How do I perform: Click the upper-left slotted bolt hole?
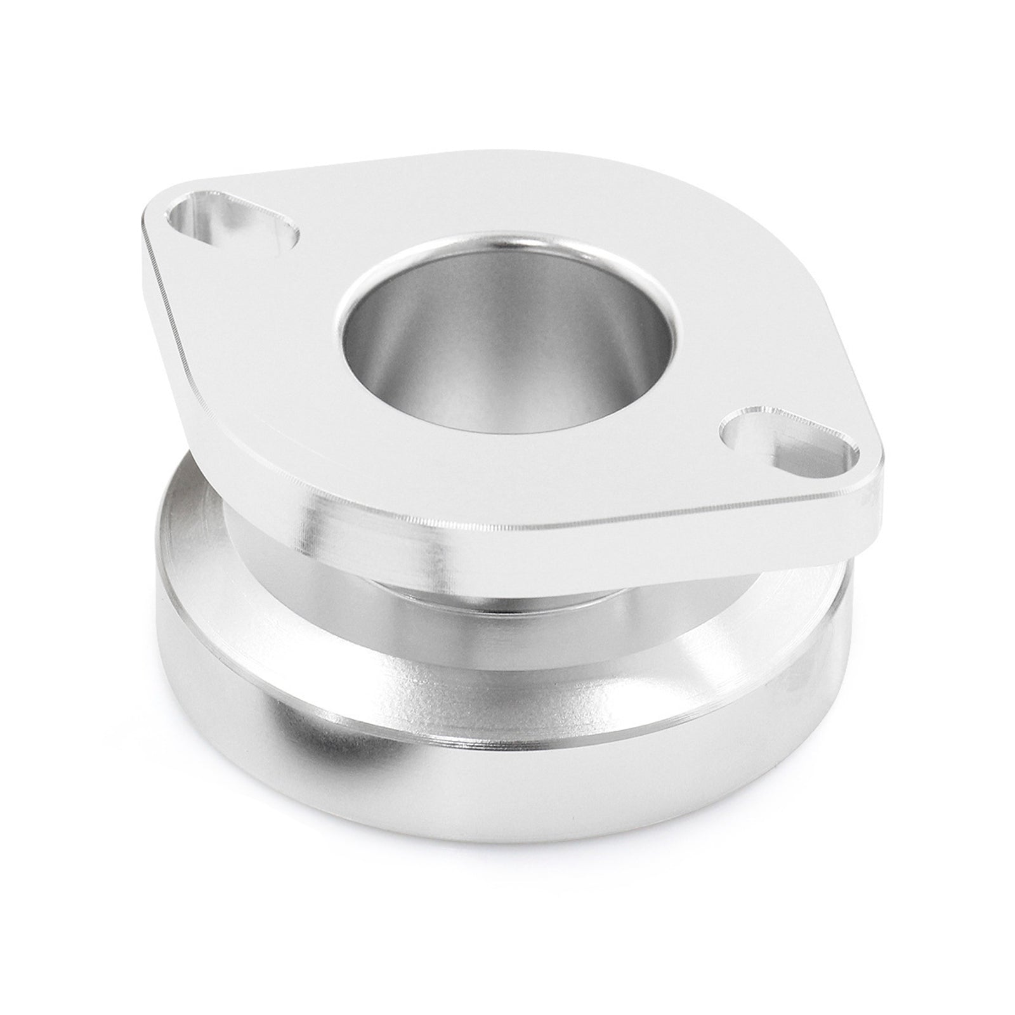click(x=232, y=227)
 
